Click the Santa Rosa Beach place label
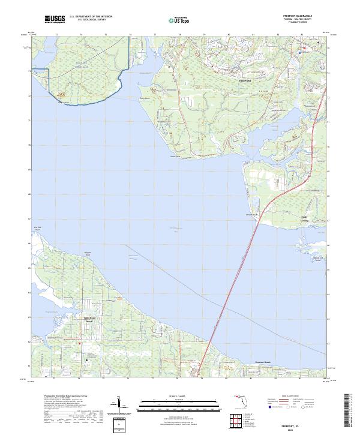(x=89, y=320)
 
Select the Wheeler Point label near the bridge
(x=252, y=214)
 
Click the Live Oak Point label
(x=37, y=229)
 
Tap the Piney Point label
(x=160, y=99)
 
